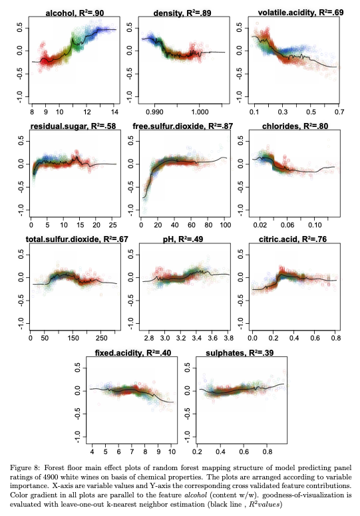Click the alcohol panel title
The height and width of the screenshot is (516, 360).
75,13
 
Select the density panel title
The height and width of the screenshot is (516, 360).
182,13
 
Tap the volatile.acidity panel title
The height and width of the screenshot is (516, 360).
300,13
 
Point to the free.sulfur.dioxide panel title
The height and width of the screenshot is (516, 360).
183,126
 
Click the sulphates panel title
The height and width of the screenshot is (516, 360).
240,353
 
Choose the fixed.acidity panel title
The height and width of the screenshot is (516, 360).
132,353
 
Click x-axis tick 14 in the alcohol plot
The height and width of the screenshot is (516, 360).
114,112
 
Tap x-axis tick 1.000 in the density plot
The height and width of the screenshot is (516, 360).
200,112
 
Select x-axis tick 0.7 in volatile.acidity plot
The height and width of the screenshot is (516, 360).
339,112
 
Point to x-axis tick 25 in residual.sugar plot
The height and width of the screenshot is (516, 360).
112,225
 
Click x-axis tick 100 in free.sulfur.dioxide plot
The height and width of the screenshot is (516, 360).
226,225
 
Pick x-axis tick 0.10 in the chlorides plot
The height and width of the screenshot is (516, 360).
315,225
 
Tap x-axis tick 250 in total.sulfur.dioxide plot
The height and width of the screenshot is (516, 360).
101,338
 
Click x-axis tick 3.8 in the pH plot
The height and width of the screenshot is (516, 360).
229,338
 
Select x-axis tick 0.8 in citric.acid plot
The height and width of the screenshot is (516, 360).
336,338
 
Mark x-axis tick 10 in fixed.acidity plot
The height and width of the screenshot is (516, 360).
172,451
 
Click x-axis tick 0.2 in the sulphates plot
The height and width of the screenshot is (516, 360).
197,451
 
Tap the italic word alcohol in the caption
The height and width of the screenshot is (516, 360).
196,495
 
